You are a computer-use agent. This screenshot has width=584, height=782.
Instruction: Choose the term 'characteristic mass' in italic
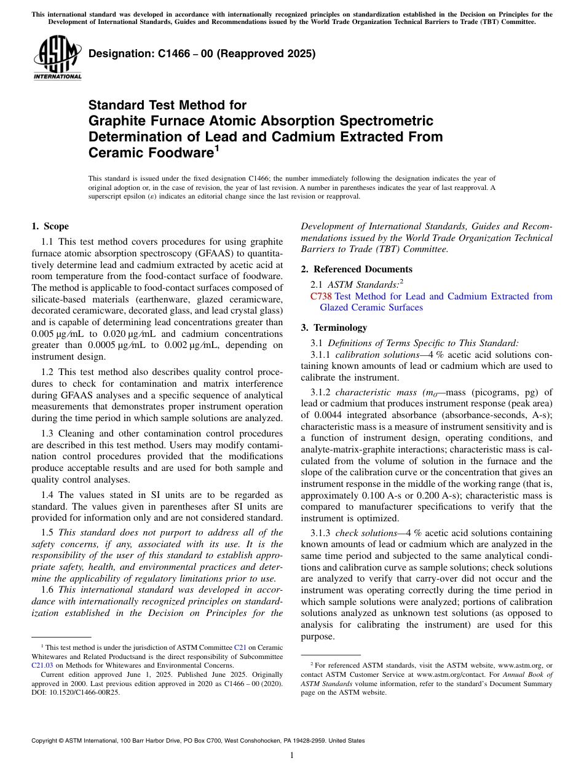pyautogui.click(x=375, y=392)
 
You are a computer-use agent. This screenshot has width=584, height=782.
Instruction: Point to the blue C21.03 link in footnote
pyautogui.click(x=42, y=665)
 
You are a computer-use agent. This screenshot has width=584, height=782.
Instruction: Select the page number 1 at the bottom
pyautogui.click(x=292, y=756)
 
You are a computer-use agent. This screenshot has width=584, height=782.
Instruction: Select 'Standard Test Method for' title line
pyautogui.click(x=167, y=105)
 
